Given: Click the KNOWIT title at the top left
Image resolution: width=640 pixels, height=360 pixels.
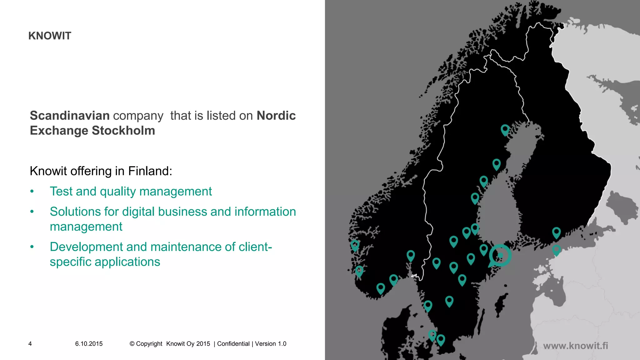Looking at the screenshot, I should coord(50,36).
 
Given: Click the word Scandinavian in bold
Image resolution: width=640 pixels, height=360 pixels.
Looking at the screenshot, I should coord(70,116).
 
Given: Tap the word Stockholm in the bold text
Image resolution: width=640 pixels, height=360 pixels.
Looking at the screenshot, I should coord(123,131).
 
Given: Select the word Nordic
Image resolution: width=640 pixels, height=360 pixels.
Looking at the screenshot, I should coord(276,116).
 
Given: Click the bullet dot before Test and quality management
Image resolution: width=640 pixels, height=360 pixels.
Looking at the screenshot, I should coord(32,192).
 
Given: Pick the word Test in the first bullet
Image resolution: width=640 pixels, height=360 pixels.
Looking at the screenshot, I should coord(61,191).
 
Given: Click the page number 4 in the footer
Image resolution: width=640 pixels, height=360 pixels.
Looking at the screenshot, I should coord(30,344).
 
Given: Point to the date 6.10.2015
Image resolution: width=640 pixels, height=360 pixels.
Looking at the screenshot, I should coord(89,344).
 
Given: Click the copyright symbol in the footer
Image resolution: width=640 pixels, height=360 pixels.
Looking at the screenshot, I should coord(132,344).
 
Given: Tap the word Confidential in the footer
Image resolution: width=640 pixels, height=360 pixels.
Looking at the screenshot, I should coord(233,344).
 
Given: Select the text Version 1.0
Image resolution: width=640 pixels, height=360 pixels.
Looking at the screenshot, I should coord(271,344).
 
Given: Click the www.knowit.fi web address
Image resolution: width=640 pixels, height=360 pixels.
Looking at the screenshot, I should coord(575,346).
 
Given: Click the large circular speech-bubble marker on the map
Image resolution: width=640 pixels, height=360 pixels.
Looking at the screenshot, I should coord(500,256).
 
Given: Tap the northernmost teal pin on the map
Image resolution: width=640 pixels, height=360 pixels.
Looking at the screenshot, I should coord(505,129).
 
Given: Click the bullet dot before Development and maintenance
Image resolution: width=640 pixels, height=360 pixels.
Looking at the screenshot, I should coord(32,247).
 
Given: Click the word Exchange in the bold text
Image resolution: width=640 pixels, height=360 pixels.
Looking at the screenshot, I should coord(59,131).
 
